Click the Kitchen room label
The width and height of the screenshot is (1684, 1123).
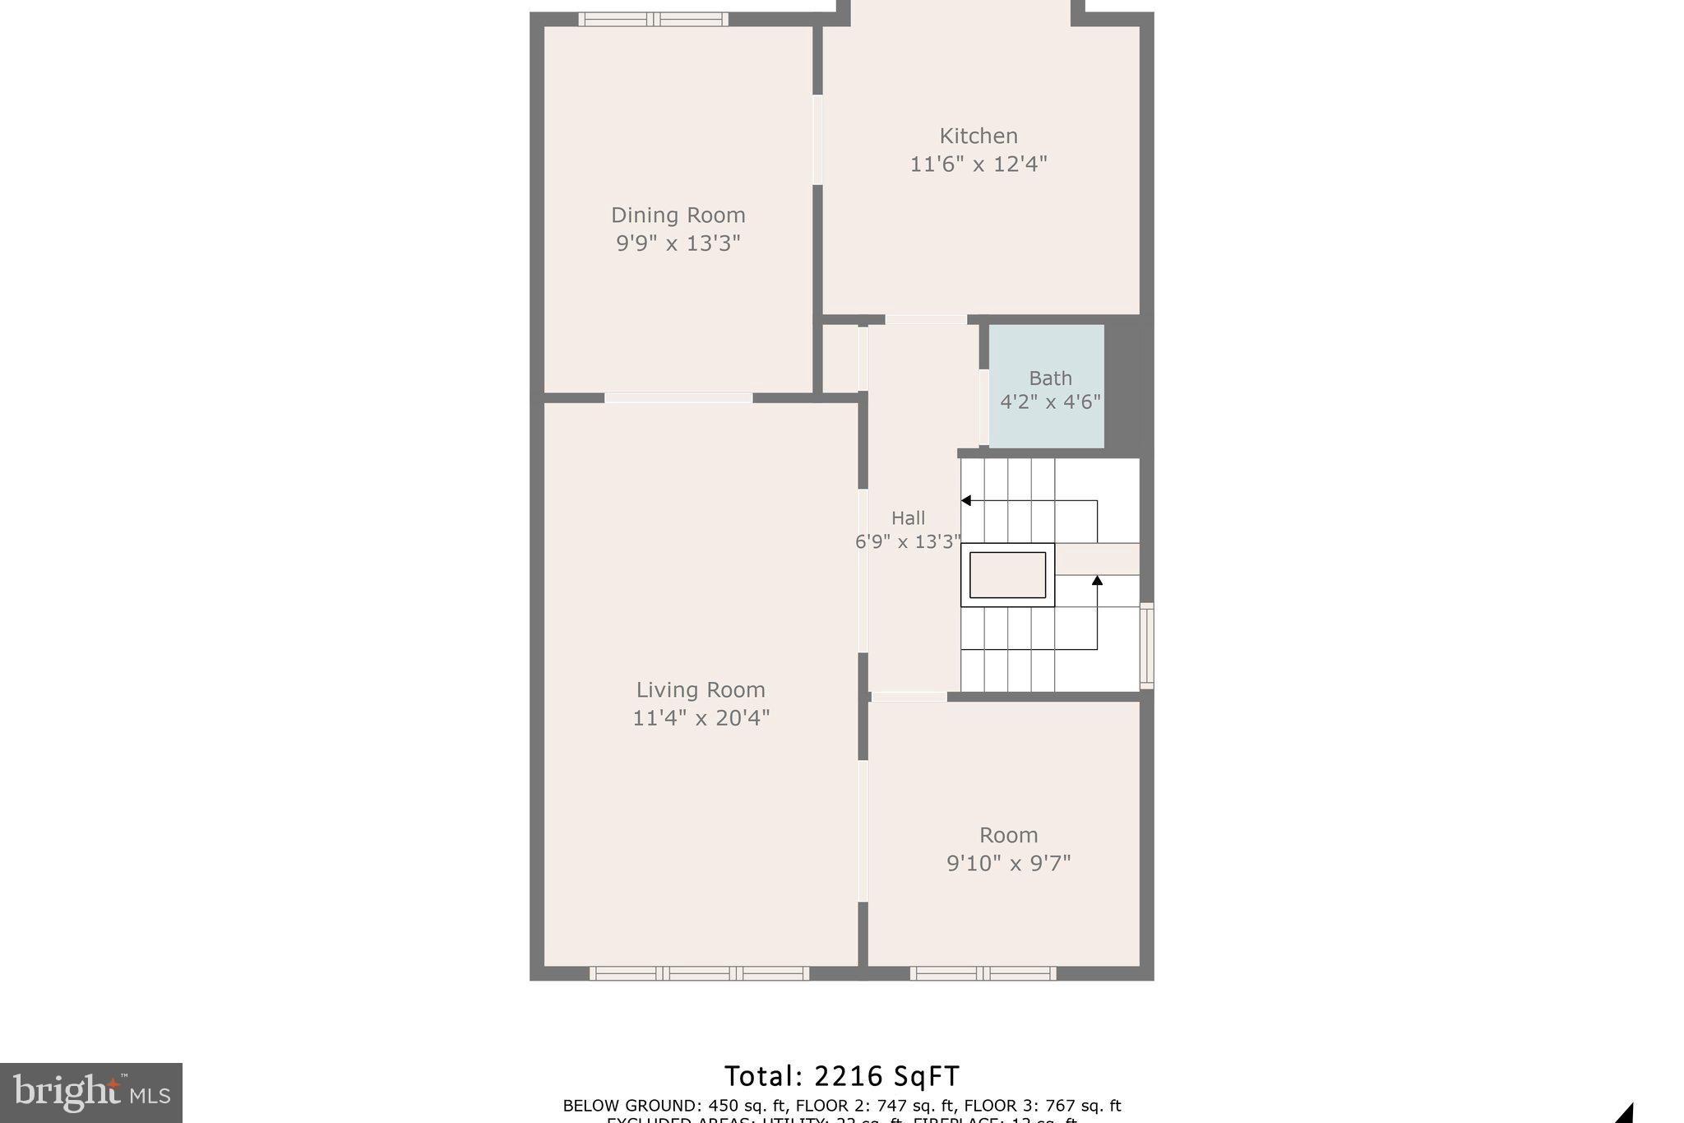click(978, 136)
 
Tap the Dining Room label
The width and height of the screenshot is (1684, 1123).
click(678, 215)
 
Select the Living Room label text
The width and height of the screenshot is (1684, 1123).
click(701, 689)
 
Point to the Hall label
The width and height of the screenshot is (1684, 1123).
click(908, 517)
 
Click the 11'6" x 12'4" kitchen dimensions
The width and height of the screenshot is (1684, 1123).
click(978, 164)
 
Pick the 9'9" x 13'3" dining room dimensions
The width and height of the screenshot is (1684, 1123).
click(678, 243)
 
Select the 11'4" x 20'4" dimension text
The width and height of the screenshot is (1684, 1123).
click(701, 718)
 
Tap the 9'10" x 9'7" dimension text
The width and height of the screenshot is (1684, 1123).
click(1008, 863)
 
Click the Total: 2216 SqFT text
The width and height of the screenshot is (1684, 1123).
click(841, 1076)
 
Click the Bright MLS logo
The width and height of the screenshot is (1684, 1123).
click(91, 1093)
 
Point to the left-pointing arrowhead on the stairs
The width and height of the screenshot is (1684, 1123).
click(966, 500)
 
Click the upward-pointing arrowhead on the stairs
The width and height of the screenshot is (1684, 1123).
click(1097, 580)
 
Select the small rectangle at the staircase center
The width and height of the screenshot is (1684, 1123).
click(1007, 575)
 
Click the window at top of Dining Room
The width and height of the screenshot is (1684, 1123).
click(653, 19)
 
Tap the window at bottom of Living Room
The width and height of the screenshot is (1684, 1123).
click(699, 973)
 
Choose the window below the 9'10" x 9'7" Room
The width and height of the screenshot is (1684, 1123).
click(983, 973)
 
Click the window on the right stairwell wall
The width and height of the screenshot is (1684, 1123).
click(1146, 645)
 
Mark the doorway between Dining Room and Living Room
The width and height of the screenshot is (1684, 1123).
click(678, 398)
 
